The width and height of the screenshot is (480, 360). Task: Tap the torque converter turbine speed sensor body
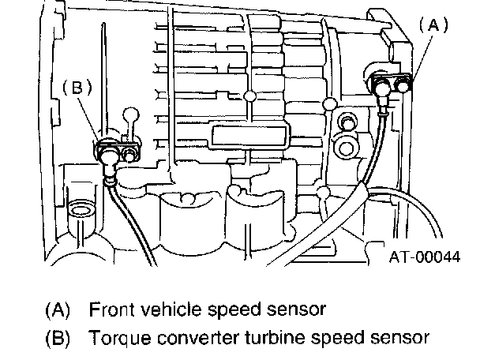pos(111,149)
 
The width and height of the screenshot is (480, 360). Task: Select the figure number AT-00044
pos(425,255)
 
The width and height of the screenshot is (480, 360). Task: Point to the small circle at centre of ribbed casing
pos(250,97)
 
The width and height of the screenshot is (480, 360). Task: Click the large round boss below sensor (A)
pos(344,147)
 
